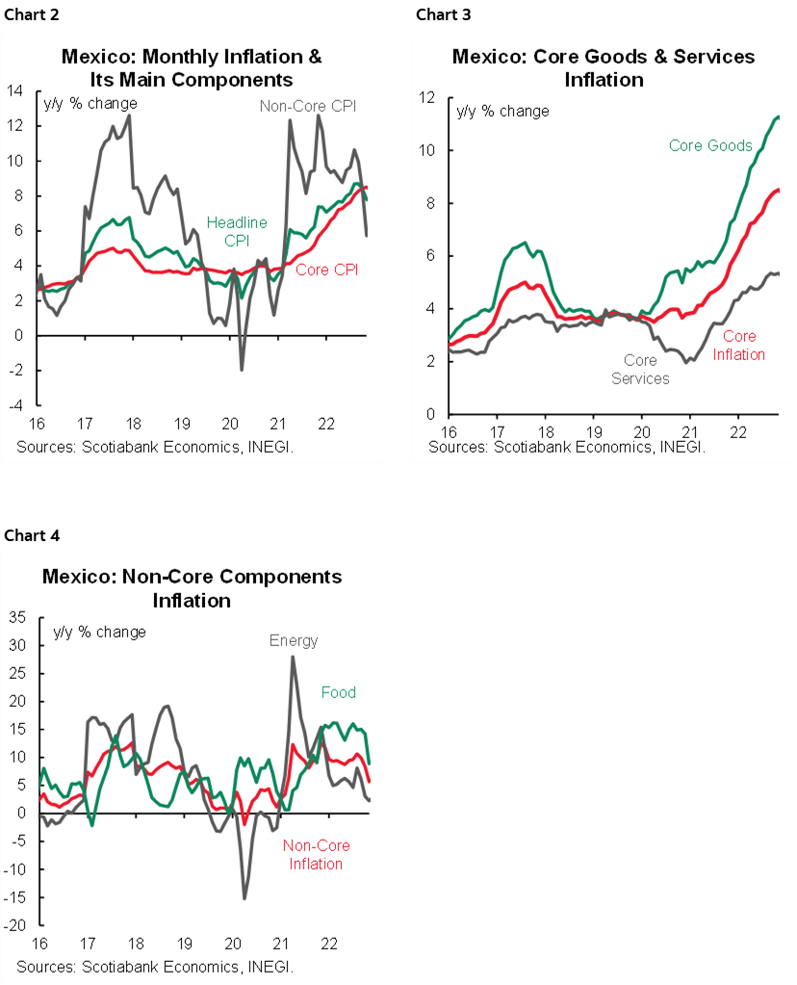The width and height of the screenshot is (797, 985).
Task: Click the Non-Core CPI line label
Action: [308, 105]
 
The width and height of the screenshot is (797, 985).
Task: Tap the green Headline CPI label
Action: [237, 231]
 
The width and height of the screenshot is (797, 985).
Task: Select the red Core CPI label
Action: [326, 270]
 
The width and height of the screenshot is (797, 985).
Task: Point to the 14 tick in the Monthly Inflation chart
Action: [16, 91]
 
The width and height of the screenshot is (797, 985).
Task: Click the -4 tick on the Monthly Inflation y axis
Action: [16, 405]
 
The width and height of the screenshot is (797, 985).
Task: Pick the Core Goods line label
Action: [710, 146]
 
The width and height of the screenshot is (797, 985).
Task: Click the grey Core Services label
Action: [640, 370]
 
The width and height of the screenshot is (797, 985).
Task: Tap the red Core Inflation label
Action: [739, 345]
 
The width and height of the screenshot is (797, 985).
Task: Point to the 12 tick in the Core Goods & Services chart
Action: [426, 97]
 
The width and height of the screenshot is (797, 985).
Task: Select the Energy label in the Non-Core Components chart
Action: [294, 640]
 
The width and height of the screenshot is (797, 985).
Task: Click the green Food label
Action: [338, 692]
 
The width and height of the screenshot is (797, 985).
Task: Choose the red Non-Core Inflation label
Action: [316, 855]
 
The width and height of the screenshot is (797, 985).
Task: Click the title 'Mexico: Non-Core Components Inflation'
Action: [192, 588]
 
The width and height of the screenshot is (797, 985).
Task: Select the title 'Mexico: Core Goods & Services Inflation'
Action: [604, 67]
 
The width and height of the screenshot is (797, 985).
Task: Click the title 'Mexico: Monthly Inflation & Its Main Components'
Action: [192, 67]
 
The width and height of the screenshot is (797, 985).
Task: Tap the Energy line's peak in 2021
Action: [292, 658]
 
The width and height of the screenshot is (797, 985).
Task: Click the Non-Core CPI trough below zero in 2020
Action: [242, 369]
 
